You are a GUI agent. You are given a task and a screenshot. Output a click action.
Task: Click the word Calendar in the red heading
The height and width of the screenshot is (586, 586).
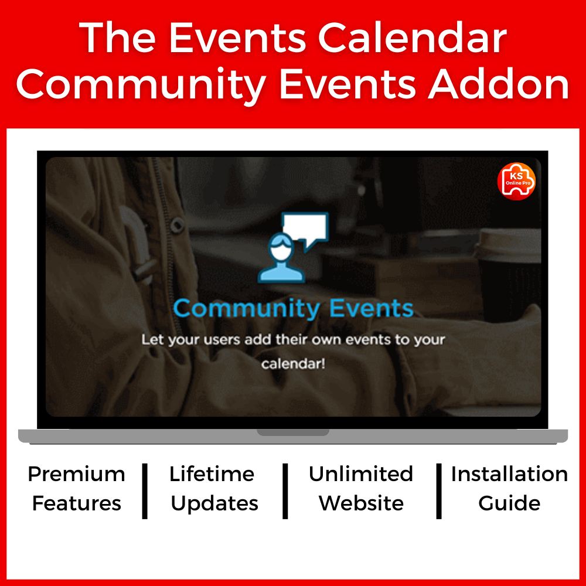412,38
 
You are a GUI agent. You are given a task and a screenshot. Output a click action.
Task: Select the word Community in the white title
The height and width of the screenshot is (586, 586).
141,87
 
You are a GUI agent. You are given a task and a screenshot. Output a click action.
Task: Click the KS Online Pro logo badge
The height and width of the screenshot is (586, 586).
516,181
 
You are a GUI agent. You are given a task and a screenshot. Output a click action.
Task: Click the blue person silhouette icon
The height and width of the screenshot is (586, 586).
281,258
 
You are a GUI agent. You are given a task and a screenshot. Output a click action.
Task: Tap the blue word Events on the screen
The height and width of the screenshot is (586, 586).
371,308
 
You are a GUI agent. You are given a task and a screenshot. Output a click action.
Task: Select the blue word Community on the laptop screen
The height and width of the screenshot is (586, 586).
247,309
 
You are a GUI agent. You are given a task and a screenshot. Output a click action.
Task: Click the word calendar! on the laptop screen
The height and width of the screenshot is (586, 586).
293,364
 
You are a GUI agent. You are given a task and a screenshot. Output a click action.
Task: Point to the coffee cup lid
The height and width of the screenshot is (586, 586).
509,243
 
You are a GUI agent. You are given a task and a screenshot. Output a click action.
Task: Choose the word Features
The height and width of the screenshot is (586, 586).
77,503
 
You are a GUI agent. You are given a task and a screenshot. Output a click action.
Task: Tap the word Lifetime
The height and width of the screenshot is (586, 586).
212,474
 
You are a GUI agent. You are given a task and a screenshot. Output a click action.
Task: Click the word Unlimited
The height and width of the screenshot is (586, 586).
360,474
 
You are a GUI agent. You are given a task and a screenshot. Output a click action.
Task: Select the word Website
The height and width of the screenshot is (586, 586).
361,503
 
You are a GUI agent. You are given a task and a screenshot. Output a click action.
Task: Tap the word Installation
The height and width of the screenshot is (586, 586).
509,474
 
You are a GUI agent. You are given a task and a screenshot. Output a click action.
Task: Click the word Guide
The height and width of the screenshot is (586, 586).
509,503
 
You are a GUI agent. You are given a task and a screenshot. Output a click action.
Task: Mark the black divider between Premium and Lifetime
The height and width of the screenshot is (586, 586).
145,491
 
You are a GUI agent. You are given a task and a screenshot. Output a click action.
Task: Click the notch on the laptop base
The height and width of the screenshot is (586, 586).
293,432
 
